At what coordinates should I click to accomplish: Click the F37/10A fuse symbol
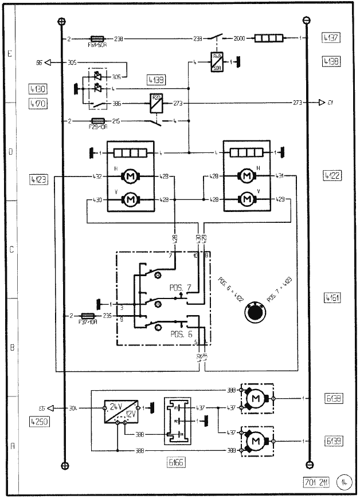[x=88, y=316]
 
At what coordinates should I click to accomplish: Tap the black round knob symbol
[x=253, y=313]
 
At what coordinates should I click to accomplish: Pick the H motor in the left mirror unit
[x=130, y=176]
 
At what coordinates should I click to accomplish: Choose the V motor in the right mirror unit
[x=248, y=199]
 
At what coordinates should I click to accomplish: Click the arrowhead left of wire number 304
[x=50, y=408]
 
